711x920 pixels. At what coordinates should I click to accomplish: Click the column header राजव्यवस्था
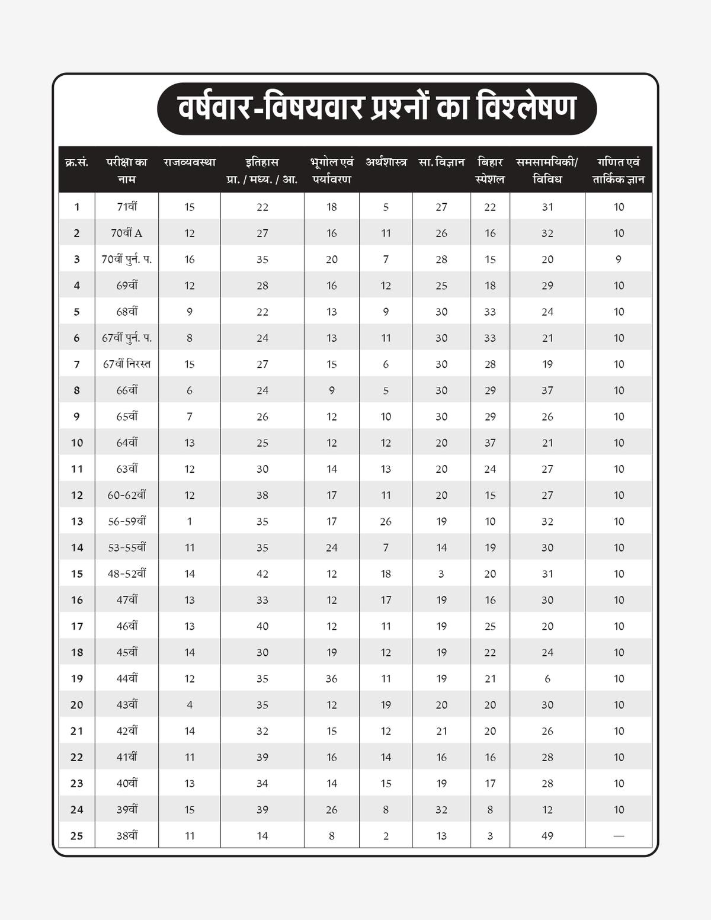(190, 162)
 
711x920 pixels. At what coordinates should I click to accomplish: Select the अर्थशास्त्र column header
(386, 162)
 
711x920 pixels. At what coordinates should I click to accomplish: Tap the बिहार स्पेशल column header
(490, 171)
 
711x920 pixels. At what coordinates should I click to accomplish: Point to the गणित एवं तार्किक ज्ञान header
(619, 171)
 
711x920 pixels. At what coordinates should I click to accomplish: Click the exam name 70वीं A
(127, 233)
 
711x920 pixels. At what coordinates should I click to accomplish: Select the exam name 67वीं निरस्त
(127, 364)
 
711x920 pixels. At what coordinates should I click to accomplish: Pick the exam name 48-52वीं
(127, 574)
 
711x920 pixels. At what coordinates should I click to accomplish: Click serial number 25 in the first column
(77, 836)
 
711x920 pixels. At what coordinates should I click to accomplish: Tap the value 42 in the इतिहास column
(262, 574)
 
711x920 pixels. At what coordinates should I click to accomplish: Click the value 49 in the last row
(547, 836)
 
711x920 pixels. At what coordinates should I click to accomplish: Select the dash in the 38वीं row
(619, 836)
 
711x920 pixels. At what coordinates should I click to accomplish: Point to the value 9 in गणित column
(619, 259)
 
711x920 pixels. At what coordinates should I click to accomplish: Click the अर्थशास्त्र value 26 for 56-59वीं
(386, 522)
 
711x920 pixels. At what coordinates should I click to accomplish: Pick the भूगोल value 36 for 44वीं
(332, 679)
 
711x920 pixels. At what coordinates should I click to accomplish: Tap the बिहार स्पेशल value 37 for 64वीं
(490, 443)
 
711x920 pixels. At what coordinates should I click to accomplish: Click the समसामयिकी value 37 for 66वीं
(547, 390)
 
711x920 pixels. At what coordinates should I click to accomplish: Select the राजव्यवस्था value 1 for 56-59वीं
(190, 522)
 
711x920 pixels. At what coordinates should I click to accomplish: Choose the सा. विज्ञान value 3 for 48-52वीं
(441, 574)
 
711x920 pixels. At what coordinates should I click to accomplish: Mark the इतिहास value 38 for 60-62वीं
(262, 495)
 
